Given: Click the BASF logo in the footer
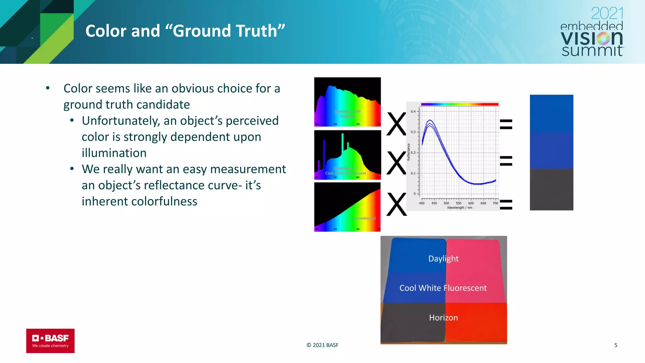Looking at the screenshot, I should coord(50,341).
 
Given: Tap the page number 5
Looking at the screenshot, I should coord(616,345).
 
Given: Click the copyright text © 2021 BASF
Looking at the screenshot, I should coord(322,345).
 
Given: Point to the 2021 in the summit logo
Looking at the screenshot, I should coord(607,14).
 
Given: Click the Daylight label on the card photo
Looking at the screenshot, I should coord(443,258).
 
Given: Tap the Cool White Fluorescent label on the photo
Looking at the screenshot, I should coord(443,288).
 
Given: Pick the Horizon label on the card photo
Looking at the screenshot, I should coord(443,317).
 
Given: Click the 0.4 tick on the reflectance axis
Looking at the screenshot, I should coord(413,112).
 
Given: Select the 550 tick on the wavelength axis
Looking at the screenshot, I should coord(459,203).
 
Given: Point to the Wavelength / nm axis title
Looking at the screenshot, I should coord(459,208).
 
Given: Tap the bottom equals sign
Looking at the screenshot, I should coord(506,205).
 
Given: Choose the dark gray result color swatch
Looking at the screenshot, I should coord(551,189).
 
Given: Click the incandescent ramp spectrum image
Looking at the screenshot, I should coord(347,207).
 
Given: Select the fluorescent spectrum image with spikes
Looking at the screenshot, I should coord(347,155).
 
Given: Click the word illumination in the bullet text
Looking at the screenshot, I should coord(114,153).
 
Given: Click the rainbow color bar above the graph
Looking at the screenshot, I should coord(459,104).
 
